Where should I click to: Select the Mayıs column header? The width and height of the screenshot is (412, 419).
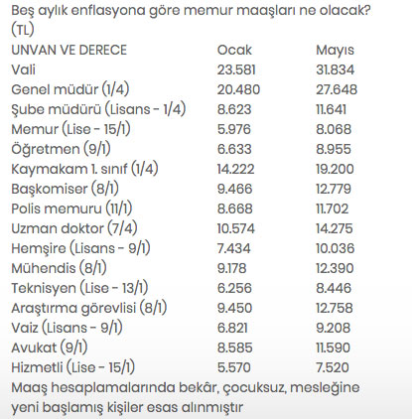coord(334,49)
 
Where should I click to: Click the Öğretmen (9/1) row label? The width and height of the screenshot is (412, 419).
coord(60,149)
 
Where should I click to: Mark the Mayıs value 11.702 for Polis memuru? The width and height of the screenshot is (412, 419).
coord(335,209)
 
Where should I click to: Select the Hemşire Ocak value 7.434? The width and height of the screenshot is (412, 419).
coord(234,248)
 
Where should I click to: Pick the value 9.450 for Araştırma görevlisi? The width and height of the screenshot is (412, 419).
coord(235,308)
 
